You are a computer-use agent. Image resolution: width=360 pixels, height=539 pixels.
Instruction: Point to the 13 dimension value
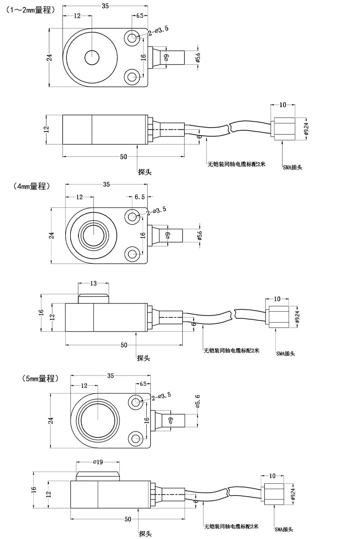(93, 283)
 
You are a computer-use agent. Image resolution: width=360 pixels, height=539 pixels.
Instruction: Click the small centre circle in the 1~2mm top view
(92, 58)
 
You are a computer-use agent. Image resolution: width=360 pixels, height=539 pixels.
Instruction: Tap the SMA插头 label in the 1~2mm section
(292, 167)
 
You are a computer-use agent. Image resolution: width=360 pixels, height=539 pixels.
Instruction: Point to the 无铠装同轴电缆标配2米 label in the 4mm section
(231, 350)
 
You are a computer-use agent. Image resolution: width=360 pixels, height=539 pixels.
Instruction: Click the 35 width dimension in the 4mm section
(106, 185)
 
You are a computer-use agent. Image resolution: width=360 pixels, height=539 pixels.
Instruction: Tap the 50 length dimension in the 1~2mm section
(123, 157)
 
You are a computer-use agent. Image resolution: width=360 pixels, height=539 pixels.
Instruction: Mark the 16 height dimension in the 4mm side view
(41, 313)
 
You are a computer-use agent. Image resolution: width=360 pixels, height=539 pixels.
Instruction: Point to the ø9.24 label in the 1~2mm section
(306, 129)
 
